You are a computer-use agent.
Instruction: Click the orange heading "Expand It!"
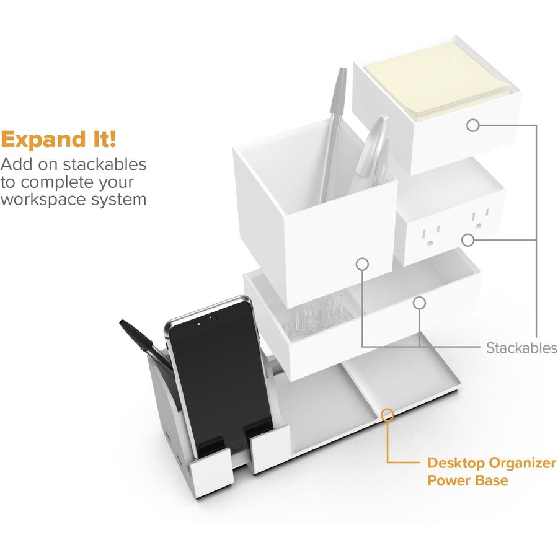point(58,139)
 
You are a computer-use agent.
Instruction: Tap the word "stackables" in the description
point(104,164)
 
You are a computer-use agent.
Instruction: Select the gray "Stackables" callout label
point(521,348)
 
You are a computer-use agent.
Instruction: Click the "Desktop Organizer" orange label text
point(492,463)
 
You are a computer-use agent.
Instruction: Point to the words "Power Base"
point(467,480)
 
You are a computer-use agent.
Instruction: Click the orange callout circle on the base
point(387,415)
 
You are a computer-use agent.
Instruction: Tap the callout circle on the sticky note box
point(473,125)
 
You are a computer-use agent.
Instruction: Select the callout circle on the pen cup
point(362,264)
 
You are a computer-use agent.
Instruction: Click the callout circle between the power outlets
point(468,240)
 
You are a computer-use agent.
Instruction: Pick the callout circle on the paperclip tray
point(420,303)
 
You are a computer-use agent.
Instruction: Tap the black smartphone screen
point(221,377)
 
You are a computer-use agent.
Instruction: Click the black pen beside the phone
point(144,343)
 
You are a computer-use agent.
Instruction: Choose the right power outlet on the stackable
point(480,219)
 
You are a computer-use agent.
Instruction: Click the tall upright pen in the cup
point(333,135)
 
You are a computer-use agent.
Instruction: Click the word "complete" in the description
point(57,183)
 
